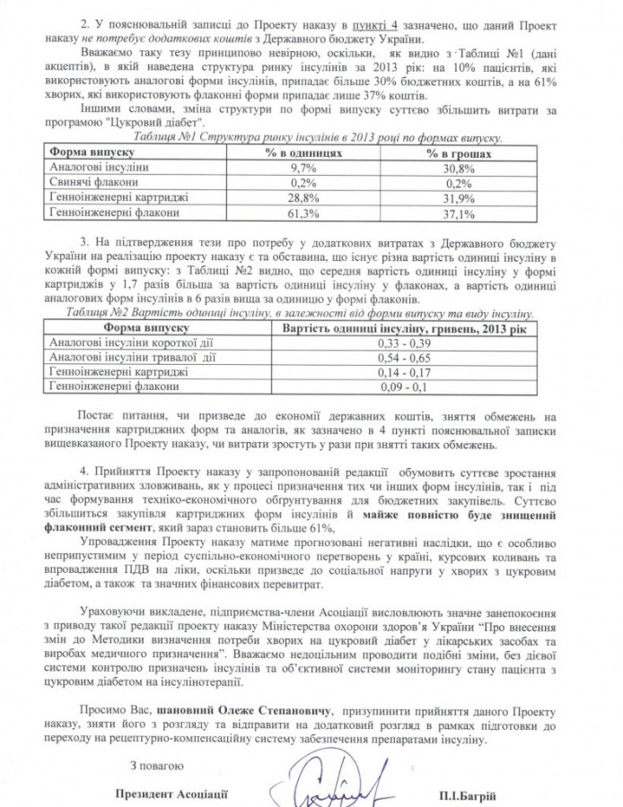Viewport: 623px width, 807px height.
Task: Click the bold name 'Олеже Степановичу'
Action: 231,707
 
